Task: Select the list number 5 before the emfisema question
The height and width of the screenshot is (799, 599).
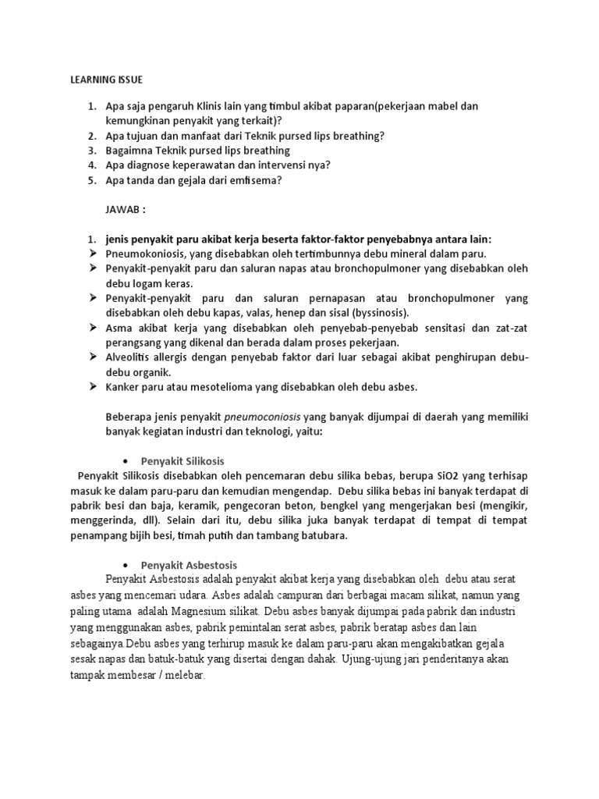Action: [x=91, y=180]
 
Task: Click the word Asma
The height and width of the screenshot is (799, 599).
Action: [x=119, y=328]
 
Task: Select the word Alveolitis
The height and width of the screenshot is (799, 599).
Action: [x=130, y=357]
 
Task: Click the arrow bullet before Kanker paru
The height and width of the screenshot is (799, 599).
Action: [x=90, y=387]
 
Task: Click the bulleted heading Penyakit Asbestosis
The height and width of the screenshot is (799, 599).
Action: [x=189, y=564]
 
